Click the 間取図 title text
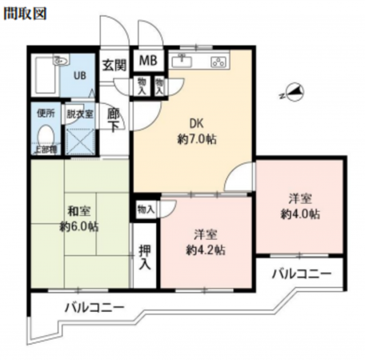(x=25, y=14)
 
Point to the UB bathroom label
(x=79, y=76)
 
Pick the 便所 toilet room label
(x=45, y=114)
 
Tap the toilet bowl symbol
(x=46, y=134)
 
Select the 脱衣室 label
(x=80, y=114)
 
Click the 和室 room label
(x=78, y=211)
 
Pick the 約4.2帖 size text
(x=206, y=250)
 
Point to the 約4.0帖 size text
(x=300, y=214)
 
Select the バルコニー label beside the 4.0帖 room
(x=301, y=274)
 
